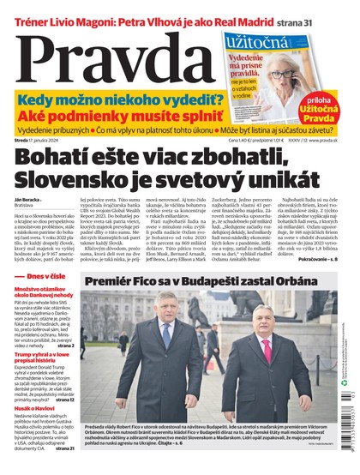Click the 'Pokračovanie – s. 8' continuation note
click(x=316, y=255)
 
